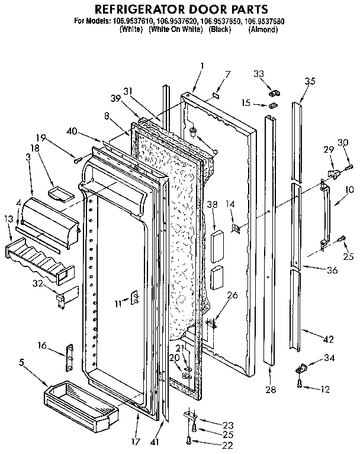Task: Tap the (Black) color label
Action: [x=220, y=30]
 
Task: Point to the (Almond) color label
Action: [x=263, y=30]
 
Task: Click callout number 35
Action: [x=310, y=82]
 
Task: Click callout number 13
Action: [x=8, y=219]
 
